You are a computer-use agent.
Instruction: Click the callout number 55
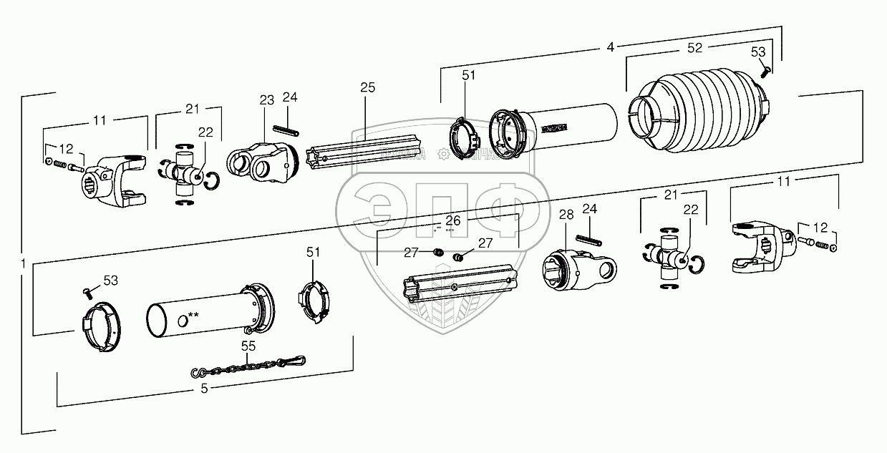(x=248, y=345)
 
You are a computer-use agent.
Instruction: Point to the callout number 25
(x=367, y=87)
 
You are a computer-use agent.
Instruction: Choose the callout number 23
(x=267, y=101)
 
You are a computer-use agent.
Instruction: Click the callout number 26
(x=453, y=220)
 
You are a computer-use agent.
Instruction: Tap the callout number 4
(x=610, y=47)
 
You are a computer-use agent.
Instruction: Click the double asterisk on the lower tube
(x=193, y=315)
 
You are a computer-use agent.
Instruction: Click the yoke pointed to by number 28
(x=580, y=268)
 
